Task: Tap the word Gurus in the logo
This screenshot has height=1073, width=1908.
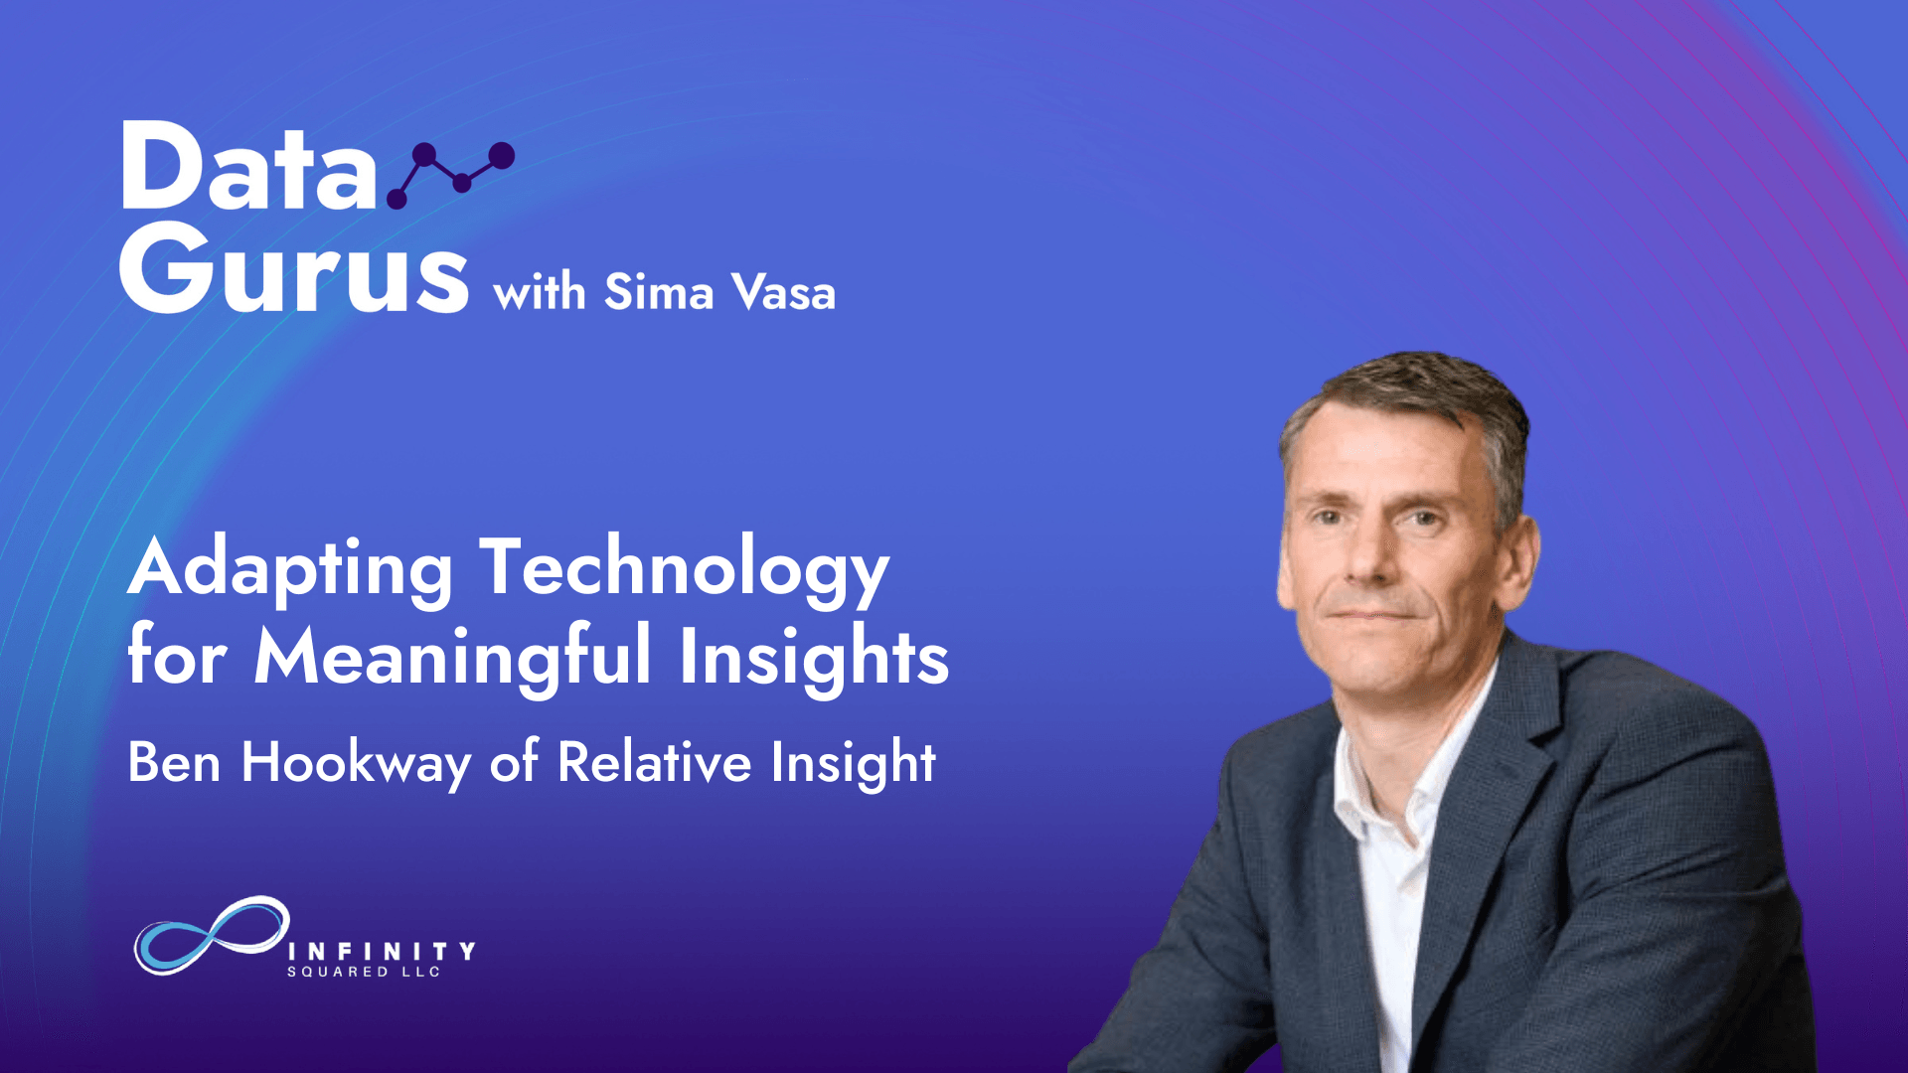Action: (x=294, y=267)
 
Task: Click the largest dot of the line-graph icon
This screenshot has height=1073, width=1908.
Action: (x=502, y=155)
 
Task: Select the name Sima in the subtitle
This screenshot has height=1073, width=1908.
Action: (x=659, y=292)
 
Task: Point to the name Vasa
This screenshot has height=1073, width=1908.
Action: (x=783, y=292)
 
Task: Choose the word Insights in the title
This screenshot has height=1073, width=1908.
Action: (x=814, y=657)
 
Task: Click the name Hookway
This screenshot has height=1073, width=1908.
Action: (x=356, y=764)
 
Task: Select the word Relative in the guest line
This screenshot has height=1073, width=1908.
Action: (x=654, y=762)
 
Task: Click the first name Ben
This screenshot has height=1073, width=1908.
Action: (x=174, y=762)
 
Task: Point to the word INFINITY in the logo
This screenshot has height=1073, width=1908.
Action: (x=382, y=951)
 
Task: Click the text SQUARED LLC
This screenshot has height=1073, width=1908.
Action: (x=364, y=972)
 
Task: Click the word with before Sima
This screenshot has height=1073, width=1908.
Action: (x=540, y=292)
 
